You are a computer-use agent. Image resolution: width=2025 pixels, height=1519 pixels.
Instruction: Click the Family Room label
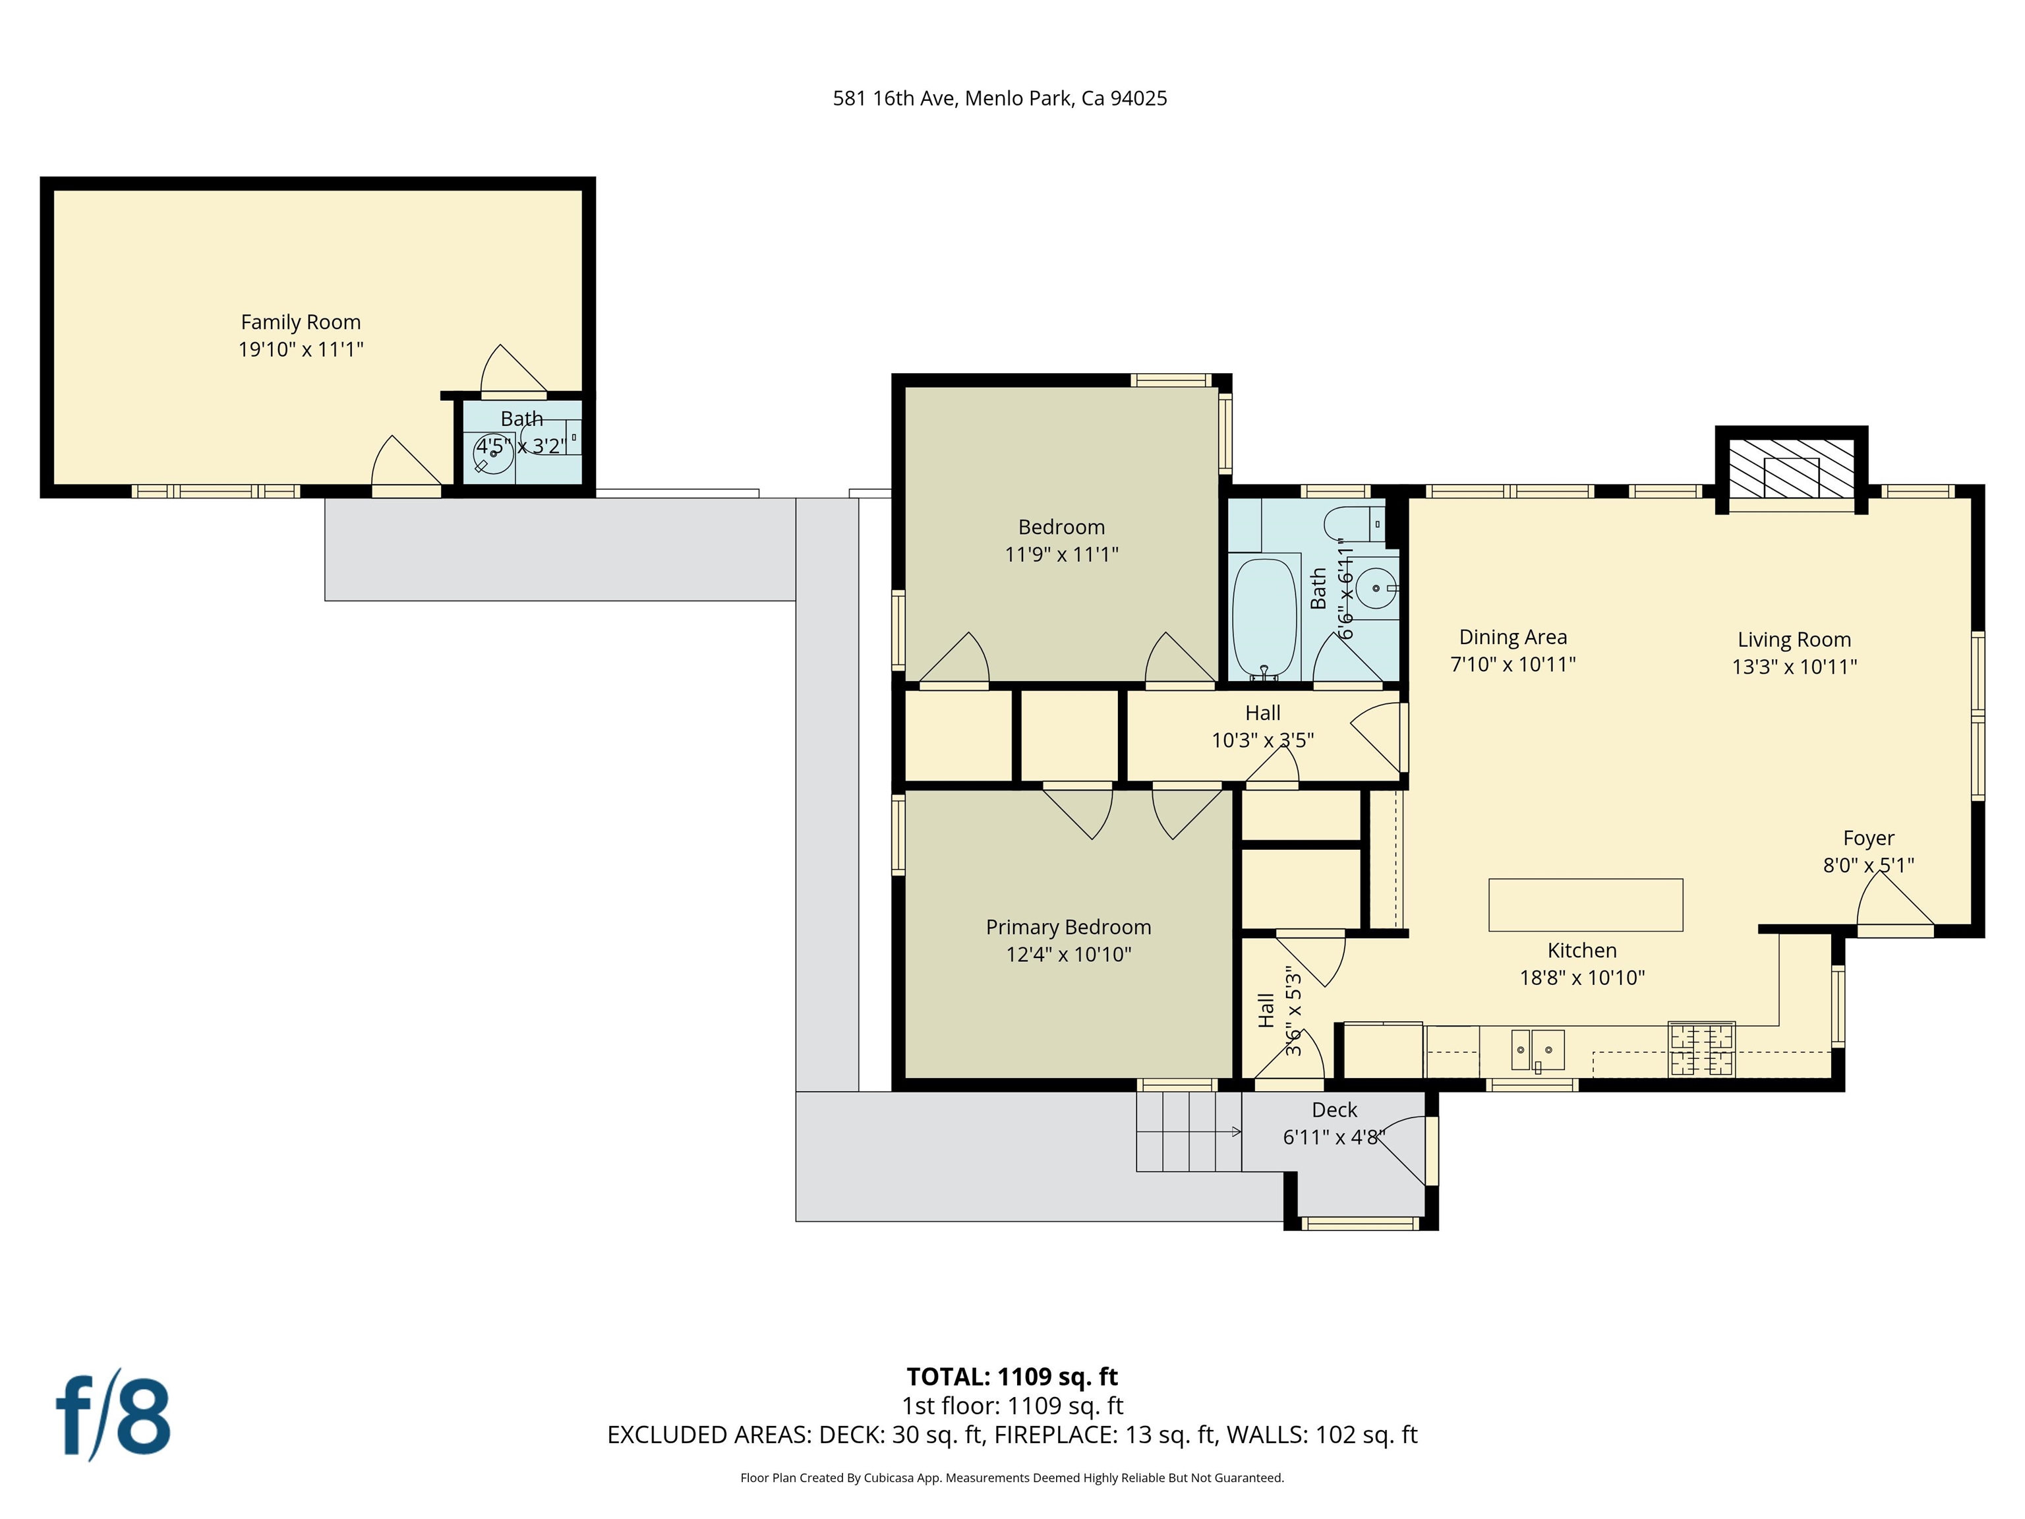click(301, 322)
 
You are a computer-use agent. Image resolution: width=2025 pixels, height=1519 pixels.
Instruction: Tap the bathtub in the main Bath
click(1265, 618)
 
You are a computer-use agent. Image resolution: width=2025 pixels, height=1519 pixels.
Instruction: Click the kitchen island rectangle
click(1585, 905)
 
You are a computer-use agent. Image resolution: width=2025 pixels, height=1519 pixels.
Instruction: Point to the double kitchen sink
click(1537, 1050)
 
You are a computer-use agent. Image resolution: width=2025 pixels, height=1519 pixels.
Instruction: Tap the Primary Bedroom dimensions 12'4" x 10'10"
click(1069, 954)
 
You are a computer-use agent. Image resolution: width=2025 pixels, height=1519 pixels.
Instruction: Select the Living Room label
click(1794, 640)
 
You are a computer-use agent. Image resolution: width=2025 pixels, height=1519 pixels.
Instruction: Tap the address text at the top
click(1000, 99)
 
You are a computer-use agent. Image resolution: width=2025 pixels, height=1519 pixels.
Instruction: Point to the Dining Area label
click(1512, 638)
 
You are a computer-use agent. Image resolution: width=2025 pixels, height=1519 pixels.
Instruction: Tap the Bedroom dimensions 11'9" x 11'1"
click(1061, 554)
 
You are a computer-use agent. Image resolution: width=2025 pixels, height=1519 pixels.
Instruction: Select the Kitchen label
click(1582, 951)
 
